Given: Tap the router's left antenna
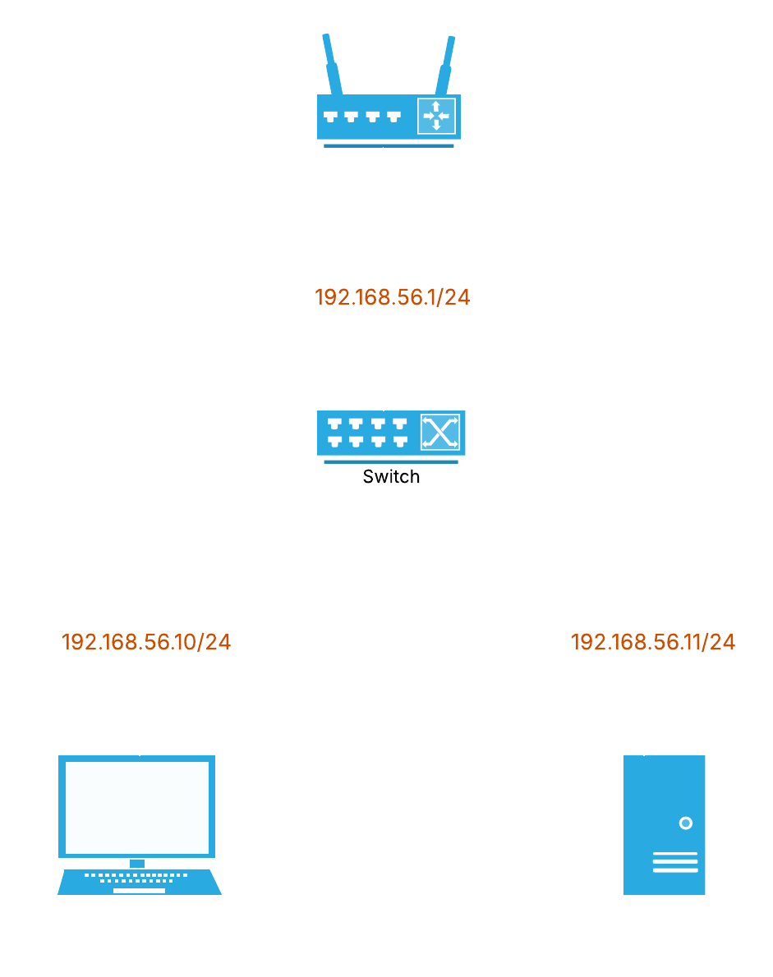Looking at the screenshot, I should tap(331, 64).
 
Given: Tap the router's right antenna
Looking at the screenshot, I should tap(446, 64).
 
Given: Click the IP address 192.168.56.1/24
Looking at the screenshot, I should tap(393, 298).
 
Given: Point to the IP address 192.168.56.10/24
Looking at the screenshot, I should tap(146, 643).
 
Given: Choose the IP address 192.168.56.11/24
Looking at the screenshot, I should tap(653, 643).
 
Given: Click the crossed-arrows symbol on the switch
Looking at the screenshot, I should tap(439, 433).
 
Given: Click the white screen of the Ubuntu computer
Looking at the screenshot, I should tap(137, 808).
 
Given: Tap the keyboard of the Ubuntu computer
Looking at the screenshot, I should tap(139, 881).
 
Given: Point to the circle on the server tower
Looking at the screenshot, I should tap(685, 823).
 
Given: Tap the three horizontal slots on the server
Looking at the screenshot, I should tap(675, 862).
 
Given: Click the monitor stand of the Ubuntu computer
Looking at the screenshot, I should tap(137, 863).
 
